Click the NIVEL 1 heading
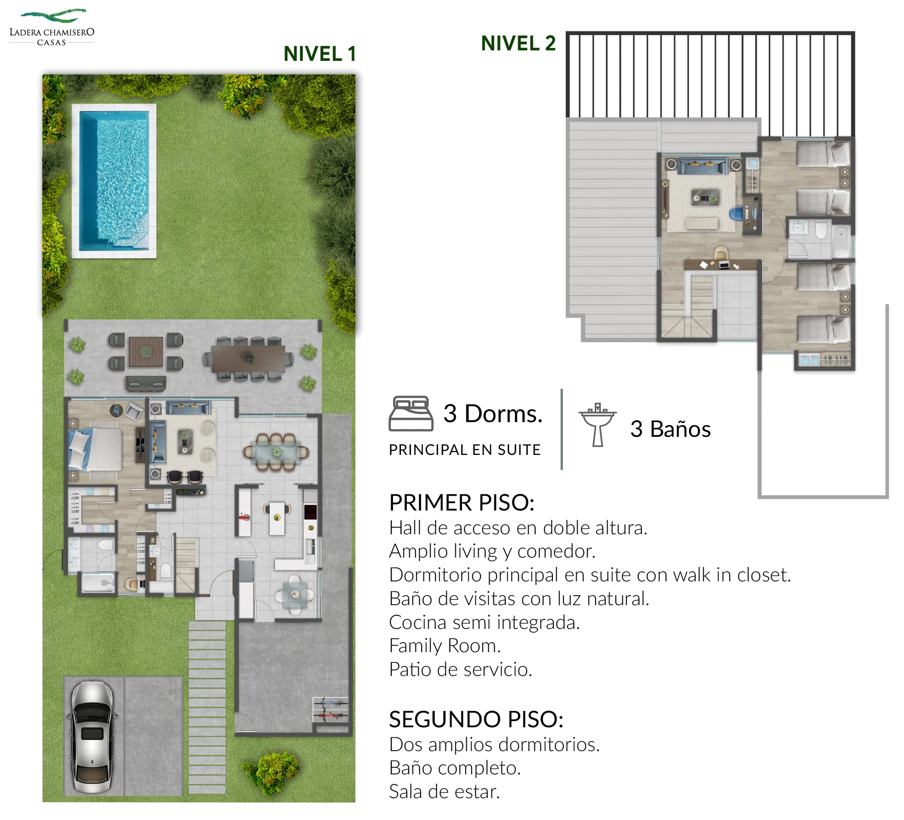319,54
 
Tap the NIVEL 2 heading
518,43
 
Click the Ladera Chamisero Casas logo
52,27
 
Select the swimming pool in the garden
114,181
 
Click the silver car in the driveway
93,737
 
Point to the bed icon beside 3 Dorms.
411,414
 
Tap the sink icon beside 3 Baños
598,424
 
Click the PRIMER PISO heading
462,502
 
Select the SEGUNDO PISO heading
476,719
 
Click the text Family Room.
445,646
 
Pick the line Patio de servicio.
461,669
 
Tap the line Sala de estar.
444,791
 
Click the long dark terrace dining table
248,358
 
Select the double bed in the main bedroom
95,449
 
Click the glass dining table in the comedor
276,452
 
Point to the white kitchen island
277,518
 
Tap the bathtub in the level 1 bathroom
98,583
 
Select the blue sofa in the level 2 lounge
702,166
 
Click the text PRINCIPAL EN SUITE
464,450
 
